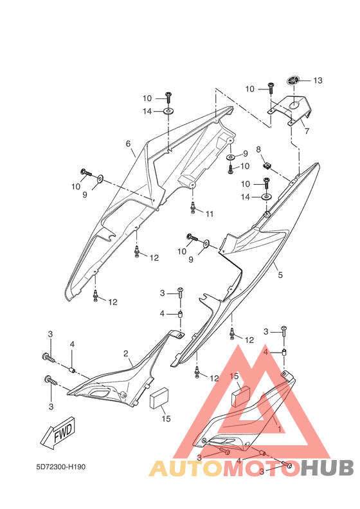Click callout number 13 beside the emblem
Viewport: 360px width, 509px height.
[x=318, y=80]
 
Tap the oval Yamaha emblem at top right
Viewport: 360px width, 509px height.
[x=294, y=80]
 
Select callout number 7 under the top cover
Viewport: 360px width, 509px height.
[x=307, y=131]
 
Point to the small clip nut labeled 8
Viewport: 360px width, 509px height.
[x=267, y=166]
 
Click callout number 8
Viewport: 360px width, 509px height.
[x=258, y=150]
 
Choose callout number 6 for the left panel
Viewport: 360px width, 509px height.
[x=128, y=143]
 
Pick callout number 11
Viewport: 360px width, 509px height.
[x=210, y=214]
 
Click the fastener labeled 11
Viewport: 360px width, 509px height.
[x=194, y=208]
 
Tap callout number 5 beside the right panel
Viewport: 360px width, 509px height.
[x=280, y=275]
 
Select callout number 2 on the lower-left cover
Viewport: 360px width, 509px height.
[x=126, y=353]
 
